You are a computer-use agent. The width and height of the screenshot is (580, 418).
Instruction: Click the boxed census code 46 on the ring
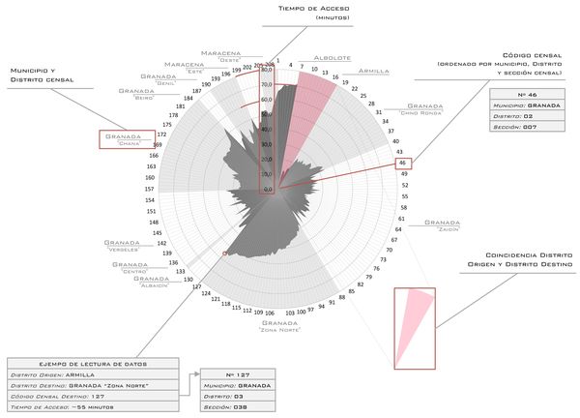pos(402,164)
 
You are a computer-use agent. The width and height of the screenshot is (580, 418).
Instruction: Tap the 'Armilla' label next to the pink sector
pos(373,72)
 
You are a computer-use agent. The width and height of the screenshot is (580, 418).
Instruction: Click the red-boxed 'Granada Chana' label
pos(126,139)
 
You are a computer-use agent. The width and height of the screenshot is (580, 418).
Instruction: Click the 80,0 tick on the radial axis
pos(267,68)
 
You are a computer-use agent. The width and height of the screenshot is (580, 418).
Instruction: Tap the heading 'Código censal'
pos(530,55)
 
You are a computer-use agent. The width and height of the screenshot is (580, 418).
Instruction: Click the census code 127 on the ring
pos(196,286)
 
